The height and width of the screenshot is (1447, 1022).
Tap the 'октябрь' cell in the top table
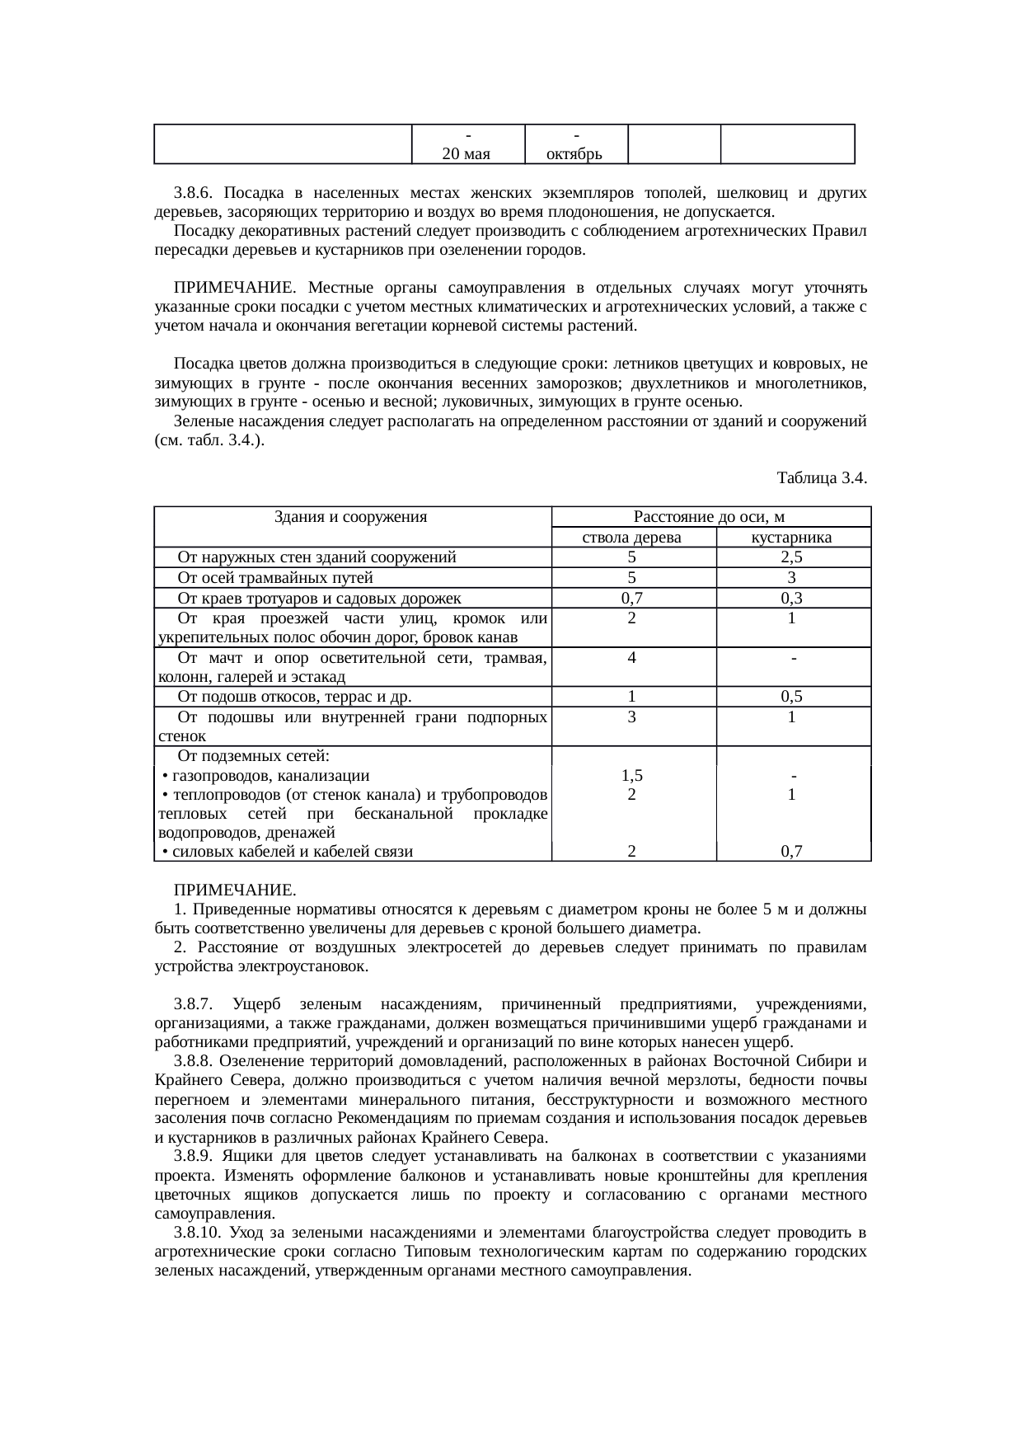click(575, 154)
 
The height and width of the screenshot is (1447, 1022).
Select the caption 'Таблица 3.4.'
click(822, 478)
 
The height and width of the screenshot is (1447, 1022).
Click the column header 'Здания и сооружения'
click(350, 518)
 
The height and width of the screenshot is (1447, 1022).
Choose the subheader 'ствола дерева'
click(631, 538)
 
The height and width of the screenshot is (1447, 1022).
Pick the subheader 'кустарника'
click(791, 538)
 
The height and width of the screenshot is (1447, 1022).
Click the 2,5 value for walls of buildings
click(791, 558)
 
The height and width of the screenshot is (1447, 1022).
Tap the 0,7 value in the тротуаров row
click(631, 599)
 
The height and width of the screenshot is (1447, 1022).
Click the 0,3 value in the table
click(791, 599)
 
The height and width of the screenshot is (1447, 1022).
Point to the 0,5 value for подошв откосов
click(791, 698)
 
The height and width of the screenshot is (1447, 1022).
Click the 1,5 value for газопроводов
click(631, 776)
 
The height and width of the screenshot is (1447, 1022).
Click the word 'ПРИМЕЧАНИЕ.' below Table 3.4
click(235, 891)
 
